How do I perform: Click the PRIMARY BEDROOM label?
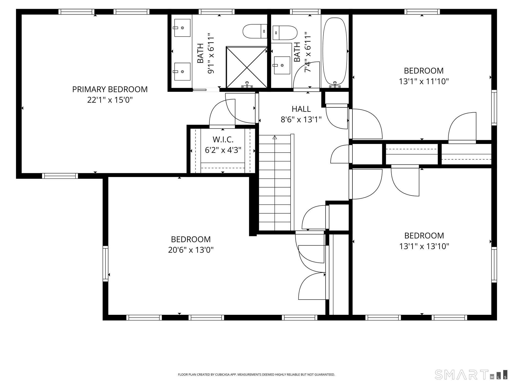[110, 89]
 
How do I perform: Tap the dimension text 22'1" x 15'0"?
[110, 100]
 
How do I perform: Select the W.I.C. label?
[223, 139]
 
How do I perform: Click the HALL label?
[301, 109]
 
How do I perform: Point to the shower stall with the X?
[247, 67]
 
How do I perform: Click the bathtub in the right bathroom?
[335, 51]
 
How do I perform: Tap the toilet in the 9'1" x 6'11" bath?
[254, 31]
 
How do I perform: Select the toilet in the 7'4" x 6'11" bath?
[285, 33]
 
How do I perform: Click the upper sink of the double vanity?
[182, 28]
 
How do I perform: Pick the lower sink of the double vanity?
[182, 72]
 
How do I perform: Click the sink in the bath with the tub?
[282, 65]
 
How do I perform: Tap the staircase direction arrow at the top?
[275, 137]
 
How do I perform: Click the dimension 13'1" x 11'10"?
[424, 81]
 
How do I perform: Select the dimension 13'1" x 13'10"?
[424, 246]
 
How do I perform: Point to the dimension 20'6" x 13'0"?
[191, 250]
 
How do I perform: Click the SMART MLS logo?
[471, 374]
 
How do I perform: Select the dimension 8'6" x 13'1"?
[301, 120]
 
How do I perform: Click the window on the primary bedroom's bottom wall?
[60, 176]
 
